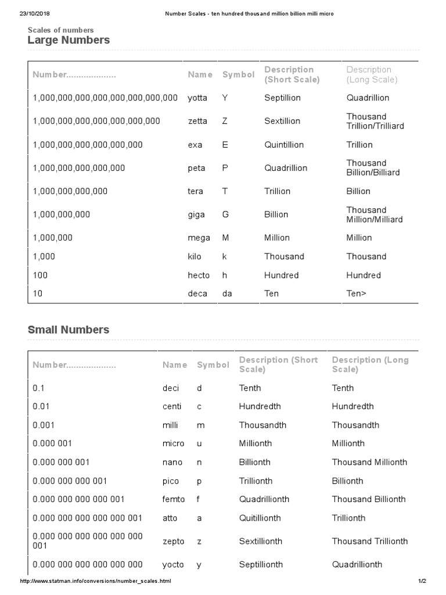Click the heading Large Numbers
[x=69, y=40]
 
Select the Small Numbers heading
[x=69, y=329]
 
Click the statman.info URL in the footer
[x=96, y=581]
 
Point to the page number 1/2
[x=422, y=581]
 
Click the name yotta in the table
[x=197, y=98]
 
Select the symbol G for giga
[x=225, y=214]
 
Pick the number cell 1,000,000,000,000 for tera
[x=70, y=191]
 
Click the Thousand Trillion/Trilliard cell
[x=375, y=121]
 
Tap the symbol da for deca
[x=227, y=293]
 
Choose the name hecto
[x=199, y=275]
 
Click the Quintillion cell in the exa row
[x=284, y=145]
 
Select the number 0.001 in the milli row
[x=44, y=425]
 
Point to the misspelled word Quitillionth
[x=260, y=518]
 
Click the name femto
[x=174, y=499]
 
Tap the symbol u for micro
[x=200, y=443]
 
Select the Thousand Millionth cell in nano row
[x=369, y=462]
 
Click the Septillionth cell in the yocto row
[x=261, y=564]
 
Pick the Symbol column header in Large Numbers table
[x=238, y=74]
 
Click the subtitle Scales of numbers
[x=60, y=30]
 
